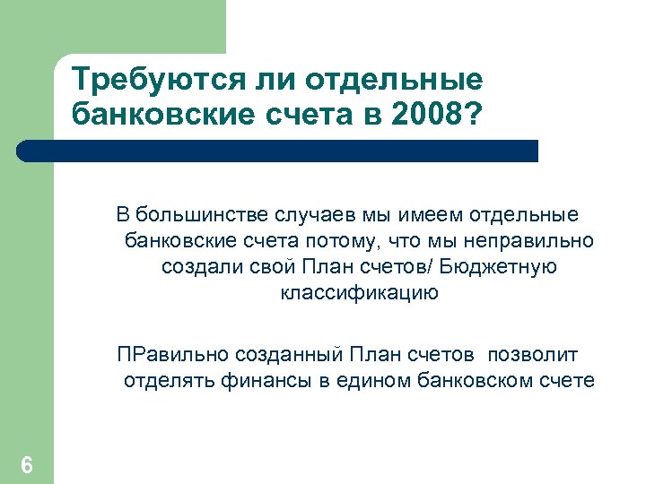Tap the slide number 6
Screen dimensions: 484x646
point(27,465)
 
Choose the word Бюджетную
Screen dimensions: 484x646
point(505,267)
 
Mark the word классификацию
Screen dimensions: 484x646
point(359,293)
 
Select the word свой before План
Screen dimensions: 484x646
point(268,267)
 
